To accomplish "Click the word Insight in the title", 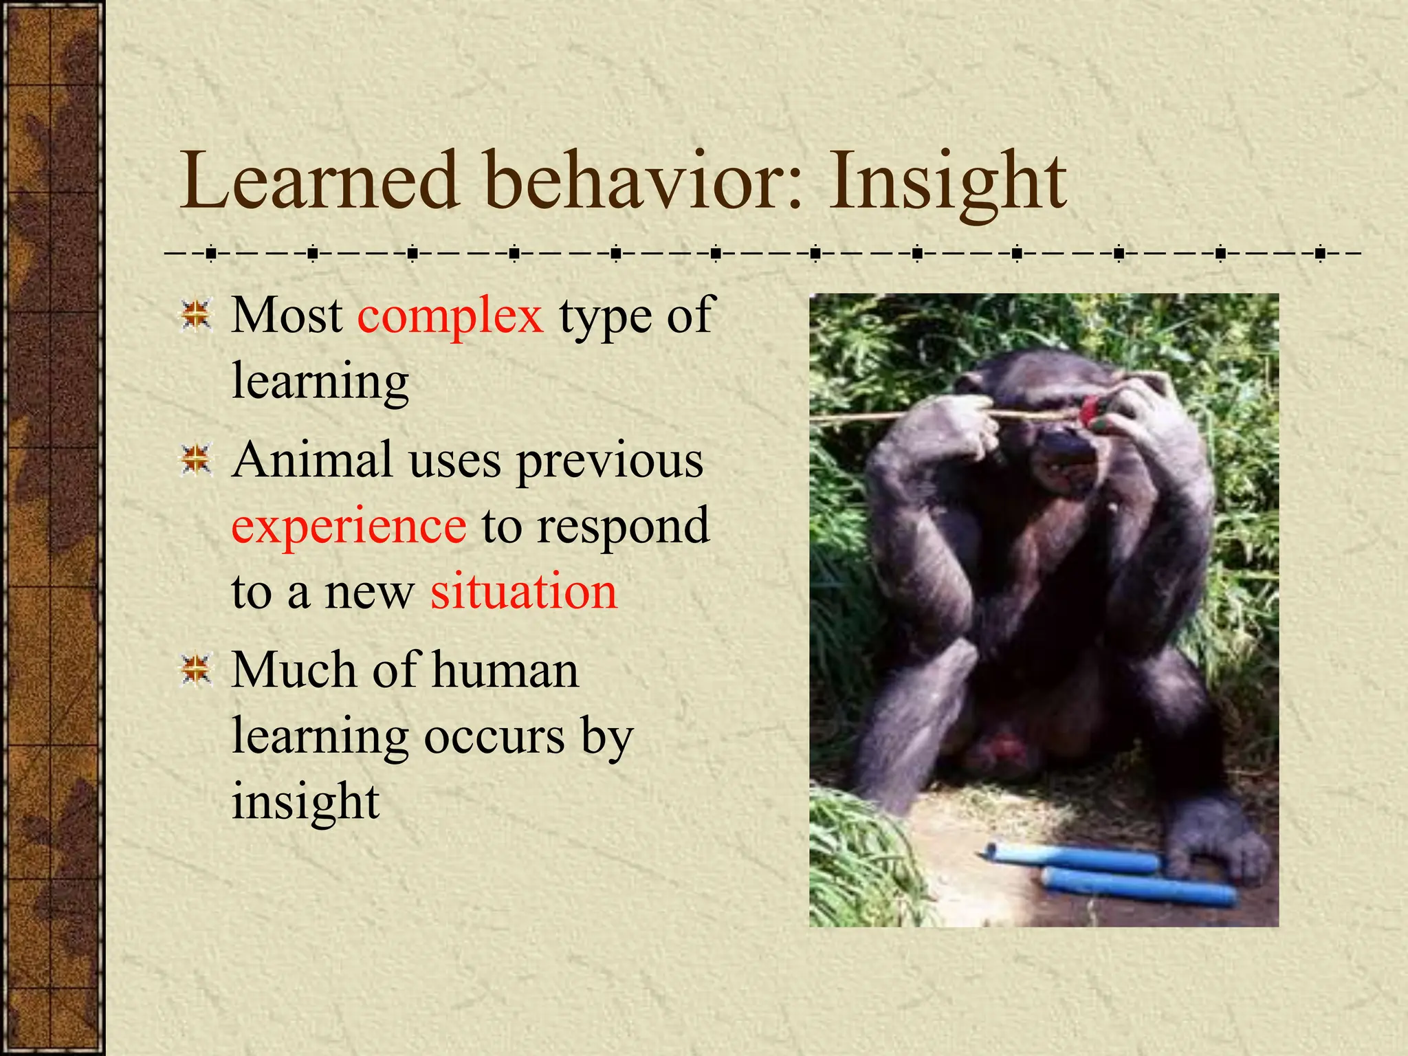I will (x=947, y=181).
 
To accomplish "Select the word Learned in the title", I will (x=319, y=181).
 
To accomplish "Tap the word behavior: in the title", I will (x=643, y=181).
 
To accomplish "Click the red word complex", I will (x=450, y=316).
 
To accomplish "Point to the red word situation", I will (x=524, y=592).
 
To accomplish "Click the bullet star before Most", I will (x=197, y=316).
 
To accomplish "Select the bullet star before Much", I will (x=197, y=670).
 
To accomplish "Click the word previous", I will (x=610, y=461).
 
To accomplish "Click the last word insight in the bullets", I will (x=305, y=802).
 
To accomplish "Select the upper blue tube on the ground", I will (x=1072, y=857).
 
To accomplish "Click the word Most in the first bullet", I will (x=287, y=316).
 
